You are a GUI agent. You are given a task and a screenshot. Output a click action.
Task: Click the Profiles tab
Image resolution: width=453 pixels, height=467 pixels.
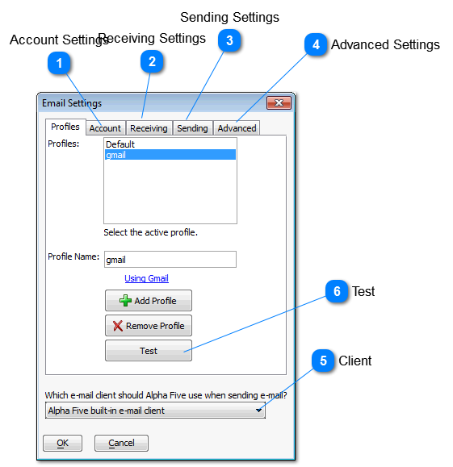[x=65, y=127]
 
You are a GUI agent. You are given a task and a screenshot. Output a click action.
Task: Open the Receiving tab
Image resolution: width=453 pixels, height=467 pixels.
[x=149, y=128]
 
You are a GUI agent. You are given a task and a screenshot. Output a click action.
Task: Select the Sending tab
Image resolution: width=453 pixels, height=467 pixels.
[x=192, y=128]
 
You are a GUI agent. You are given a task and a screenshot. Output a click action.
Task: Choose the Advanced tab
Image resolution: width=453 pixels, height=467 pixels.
[x=237, y=128]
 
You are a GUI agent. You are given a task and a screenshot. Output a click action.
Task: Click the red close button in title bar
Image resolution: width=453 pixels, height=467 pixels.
[x=279, y=103]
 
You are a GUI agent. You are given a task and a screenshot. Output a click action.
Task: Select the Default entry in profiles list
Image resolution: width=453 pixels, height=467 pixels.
[x=120, y=144]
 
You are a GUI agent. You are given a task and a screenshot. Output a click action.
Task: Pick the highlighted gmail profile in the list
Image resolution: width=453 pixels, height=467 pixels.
[x=170, y=155]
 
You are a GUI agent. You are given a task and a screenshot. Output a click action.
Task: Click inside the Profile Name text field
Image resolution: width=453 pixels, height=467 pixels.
[x=170, y=260]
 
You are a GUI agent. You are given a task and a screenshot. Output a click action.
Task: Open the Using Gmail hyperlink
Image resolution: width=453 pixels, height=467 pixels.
[x=146, y=278]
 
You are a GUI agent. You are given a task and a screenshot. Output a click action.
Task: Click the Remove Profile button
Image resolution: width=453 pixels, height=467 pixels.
[x=149, y=326]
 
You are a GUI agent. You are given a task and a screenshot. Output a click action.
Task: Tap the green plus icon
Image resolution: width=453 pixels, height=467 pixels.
[x=125, y=301]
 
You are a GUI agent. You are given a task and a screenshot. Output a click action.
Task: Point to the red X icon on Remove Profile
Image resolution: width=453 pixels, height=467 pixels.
[x=118, y=326]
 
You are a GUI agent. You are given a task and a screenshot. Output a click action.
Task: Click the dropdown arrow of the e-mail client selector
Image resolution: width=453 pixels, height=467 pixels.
[x=258, y=411]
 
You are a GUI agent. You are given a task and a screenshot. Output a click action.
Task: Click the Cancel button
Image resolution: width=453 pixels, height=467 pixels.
[x=121, y=443]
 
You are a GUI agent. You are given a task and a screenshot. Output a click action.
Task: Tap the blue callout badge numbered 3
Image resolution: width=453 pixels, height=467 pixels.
[x=229, y=40]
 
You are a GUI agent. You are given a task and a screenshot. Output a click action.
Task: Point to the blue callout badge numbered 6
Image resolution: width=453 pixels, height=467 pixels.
[x=337, y=291]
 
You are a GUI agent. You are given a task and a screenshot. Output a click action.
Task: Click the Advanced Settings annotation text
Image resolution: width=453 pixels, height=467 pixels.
[x=385, y=44]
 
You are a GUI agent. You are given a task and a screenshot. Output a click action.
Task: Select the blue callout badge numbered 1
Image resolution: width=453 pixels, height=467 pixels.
[x=59, y=63]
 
